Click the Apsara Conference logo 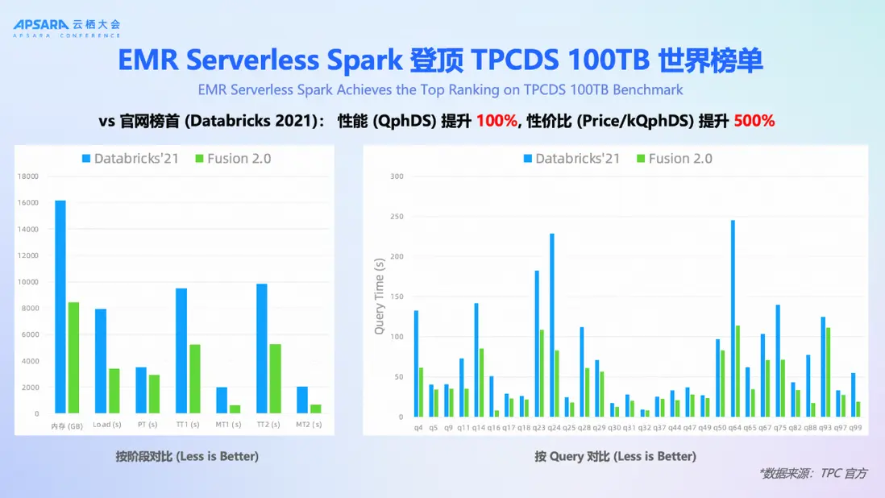[x=66, y=28]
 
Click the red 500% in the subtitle [x=754, y=121]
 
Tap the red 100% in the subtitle [x=496, y=121]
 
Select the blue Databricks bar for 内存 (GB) [x=60, y=306]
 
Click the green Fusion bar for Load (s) [x=114, y=391]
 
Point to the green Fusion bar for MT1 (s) [x=235, y=409]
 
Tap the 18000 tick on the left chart [x=29, y=176]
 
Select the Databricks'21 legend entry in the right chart [x=572, y=159]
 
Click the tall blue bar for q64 [x=733, y=318]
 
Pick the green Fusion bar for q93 [x=828, y=372]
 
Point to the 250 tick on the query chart [x=396, y=217]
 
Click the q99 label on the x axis [x=855, y=427]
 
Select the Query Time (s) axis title [x=379, y=296]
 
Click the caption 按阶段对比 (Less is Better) [x=187, y=456]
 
